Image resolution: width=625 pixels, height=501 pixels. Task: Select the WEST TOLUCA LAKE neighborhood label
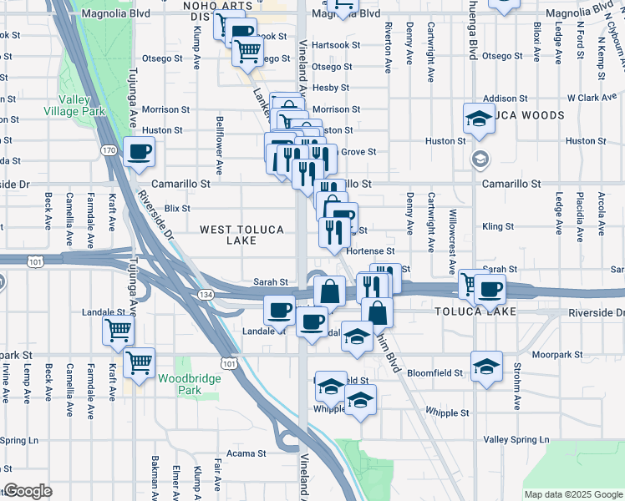click(241, 235)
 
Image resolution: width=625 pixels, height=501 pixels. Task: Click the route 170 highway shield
click(109, 150)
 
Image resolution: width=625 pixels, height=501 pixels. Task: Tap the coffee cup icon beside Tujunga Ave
click(139, 153)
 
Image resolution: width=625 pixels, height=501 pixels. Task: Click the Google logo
click(28, 491)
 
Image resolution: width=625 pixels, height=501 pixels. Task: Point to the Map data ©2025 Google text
click(573, 494)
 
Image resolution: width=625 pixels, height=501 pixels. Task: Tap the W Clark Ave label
click(592, 99)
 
